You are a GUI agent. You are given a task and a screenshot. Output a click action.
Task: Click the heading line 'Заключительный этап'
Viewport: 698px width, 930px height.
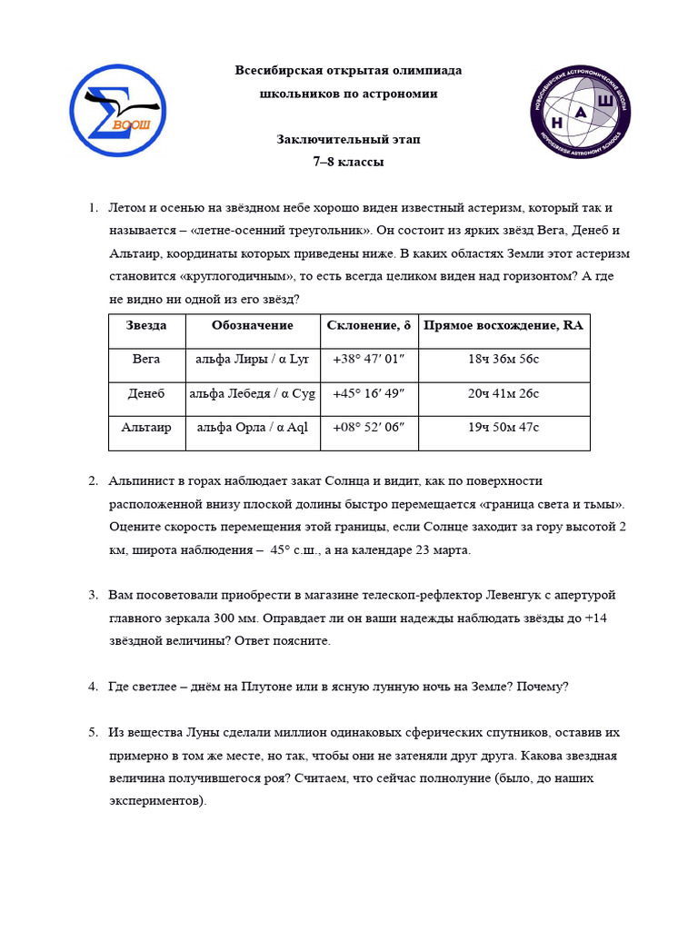[349, 140]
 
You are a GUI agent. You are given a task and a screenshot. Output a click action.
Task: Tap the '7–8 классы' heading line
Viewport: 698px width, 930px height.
[349, 163]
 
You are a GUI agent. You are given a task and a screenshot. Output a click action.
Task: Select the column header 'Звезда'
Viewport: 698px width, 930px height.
[146, 325]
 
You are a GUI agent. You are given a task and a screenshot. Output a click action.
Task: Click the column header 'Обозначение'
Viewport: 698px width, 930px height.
[253, 325]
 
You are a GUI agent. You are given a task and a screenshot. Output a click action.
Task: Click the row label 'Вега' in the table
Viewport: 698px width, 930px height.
[146, 359]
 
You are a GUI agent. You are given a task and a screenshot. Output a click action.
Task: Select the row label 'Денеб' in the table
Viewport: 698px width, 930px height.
[146, 393]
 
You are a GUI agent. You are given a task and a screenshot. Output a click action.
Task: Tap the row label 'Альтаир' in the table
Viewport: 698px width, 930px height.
[146, 428]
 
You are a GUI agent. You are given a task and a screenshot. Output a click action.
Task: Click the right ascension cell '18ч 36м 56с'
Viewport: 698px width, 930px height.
[504, 359]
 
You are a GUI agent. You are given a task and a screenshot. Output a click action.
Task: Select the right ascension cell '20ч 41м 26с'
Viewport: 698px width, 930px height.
[504, 393]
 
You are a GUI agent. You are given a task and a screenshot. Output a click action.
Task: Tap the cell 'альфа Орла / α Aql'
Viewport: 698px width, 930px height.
[253, 428]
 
